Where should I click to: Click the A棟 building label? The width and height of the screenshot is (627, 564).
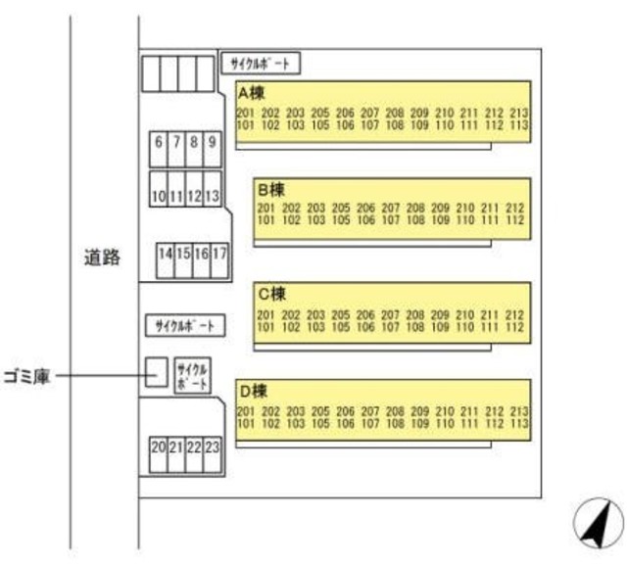point(252,94)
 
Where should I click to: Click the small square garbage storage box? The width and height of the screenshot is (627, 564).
point(155,372)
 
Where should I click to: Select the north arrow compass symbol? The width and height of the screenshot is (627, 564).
point(597,523)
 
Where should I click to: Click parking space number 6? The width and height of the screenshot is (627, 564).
point(159,142)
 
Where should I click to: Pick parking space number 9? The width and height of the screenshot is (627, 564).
point(212,142)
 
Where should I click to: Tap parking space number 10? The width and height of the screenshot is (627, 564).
point(159,197)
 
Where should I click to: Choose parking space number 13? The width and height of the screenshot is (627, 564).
point(212,197)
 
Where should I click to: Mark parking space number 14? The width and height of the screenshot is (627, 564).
point(166,254)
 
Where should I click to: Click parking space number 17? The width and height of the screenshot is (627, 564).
point(219,254)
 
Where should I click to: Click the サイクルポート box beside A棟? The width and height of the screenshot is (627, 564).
point(260,65)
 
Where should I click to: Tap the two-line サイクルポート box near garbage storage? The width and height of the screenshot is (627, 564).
point(191,377)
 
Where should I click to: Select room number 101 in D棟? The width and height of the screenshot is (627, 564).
point(245,424)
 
